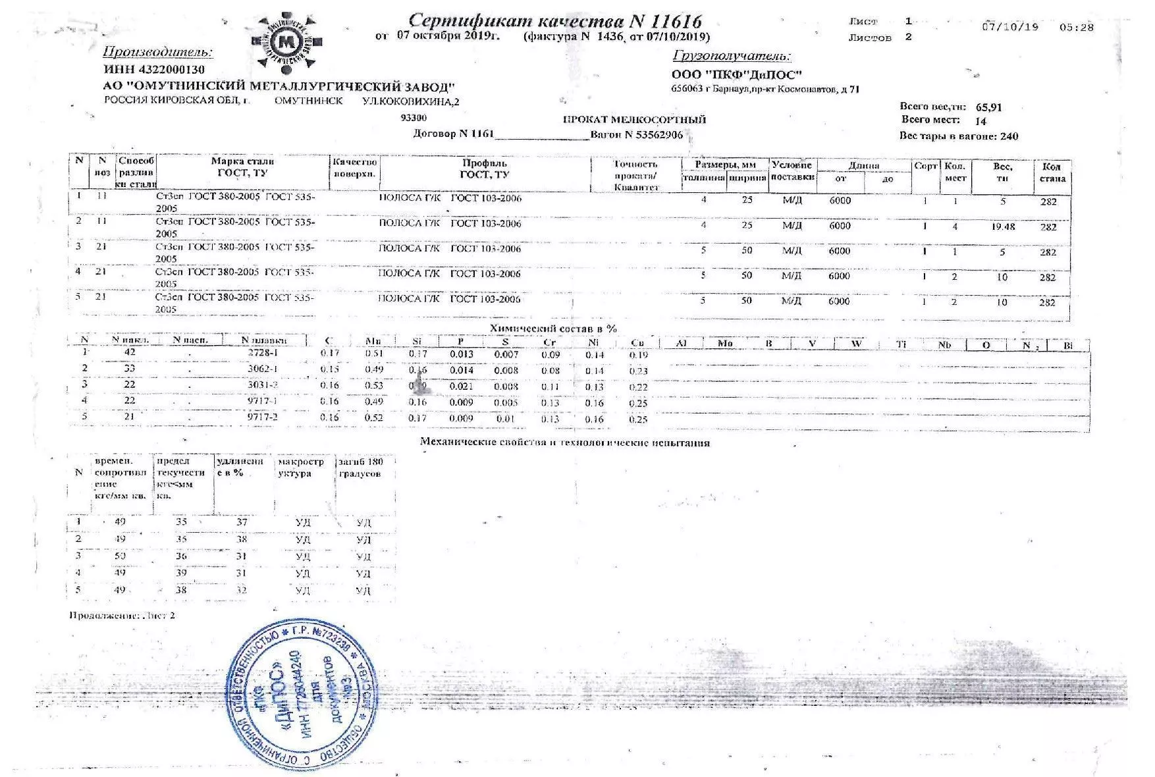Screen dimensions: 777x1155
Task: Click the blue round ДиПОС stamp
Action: (x=304, y=695)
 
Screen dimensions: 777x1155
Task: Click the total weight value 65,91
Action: (x=988, y=107)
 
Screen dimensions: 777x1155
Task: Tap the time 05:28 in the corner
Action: (x=1076, y=28)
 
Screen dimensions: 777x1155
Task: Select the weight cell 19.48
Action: (x=1002, y=227)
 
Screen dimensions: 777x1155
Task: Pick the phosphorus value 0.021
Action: (x=461, y=387)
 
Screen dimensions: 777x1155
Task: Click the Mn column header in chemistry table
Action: (x=373, y=341)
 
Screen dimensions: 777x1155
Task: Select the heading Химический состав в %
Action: (x=553, y=328)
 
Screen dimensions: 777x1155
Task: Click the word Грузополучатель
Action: (x=732, y=56)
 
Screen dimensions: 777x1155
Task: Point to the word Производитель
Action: (x=158, y=52)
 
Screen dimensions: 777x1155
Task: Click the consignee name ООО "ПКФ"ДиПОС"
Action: (x=736, y=75)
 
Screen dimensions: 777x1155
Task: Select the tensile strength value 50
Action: (x=120, y=556)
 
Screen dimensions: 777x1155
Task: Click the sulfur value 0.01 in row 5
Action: (x=505, y=419)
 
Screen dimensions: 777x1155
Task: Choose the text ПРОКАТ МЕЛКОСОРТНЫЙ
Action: (x=633, y=120)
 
